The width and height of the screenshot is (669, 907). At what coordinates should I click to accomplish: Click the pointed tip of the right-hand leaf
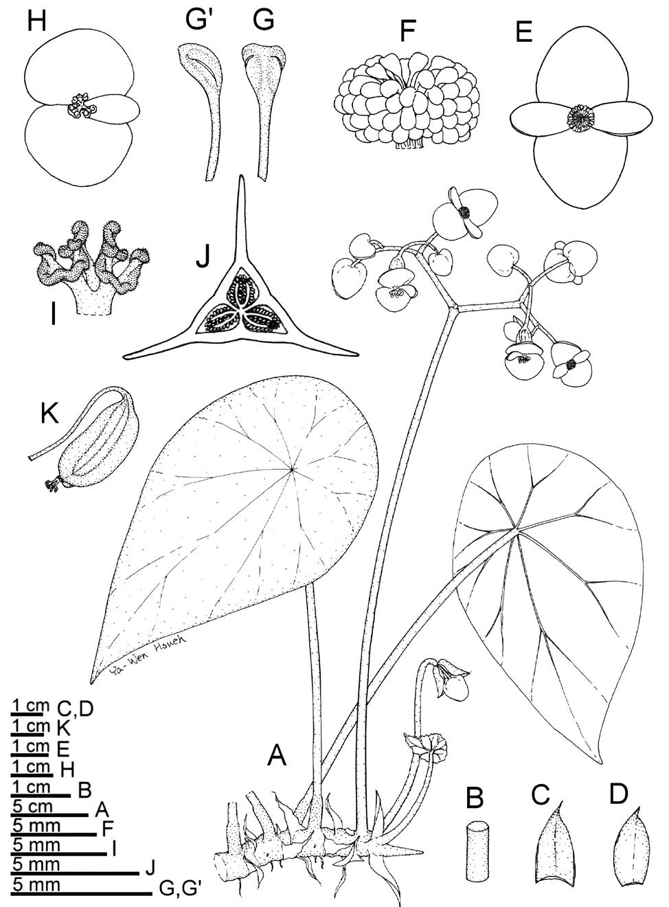tap(600, 760)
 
